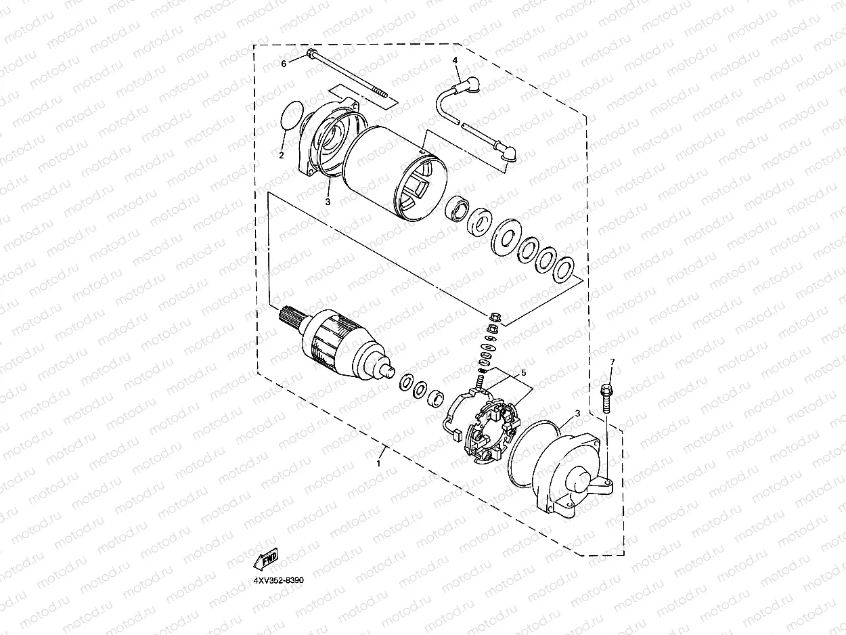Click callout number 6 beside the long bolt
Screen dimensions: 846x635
(x=284, y=63)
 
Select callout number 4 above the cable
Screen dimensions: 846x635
(x=455, y=60)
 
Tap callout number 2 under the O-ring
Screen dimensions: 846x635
(x=281, y=155)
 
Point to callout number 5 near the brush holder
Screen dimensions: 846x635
(x=522, y=373)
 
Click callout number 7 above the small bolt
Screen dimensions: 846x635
(x=612, y=362)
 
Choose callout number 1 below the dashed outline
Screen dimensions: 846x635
(x=378, y=464)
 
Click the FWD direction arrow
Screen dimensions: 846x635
(x=266, y=559)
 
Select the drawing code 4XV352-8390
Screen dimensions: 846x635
(x=279, y=581)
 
